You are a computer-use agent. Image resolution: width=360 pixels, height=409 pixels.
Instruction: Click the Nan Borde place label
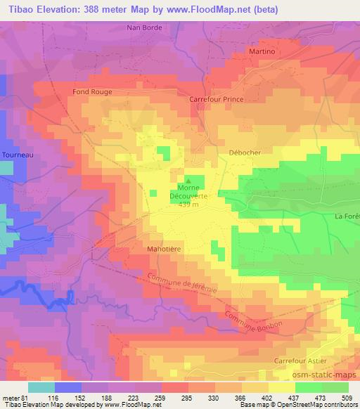click(144, 27)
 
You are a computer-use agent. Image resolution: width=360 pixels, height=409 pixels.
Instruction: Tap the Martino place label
click(262, 52)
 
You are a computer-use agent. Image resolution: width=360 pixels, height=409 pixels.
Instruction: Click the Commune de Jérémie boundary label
click(184, 288)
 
